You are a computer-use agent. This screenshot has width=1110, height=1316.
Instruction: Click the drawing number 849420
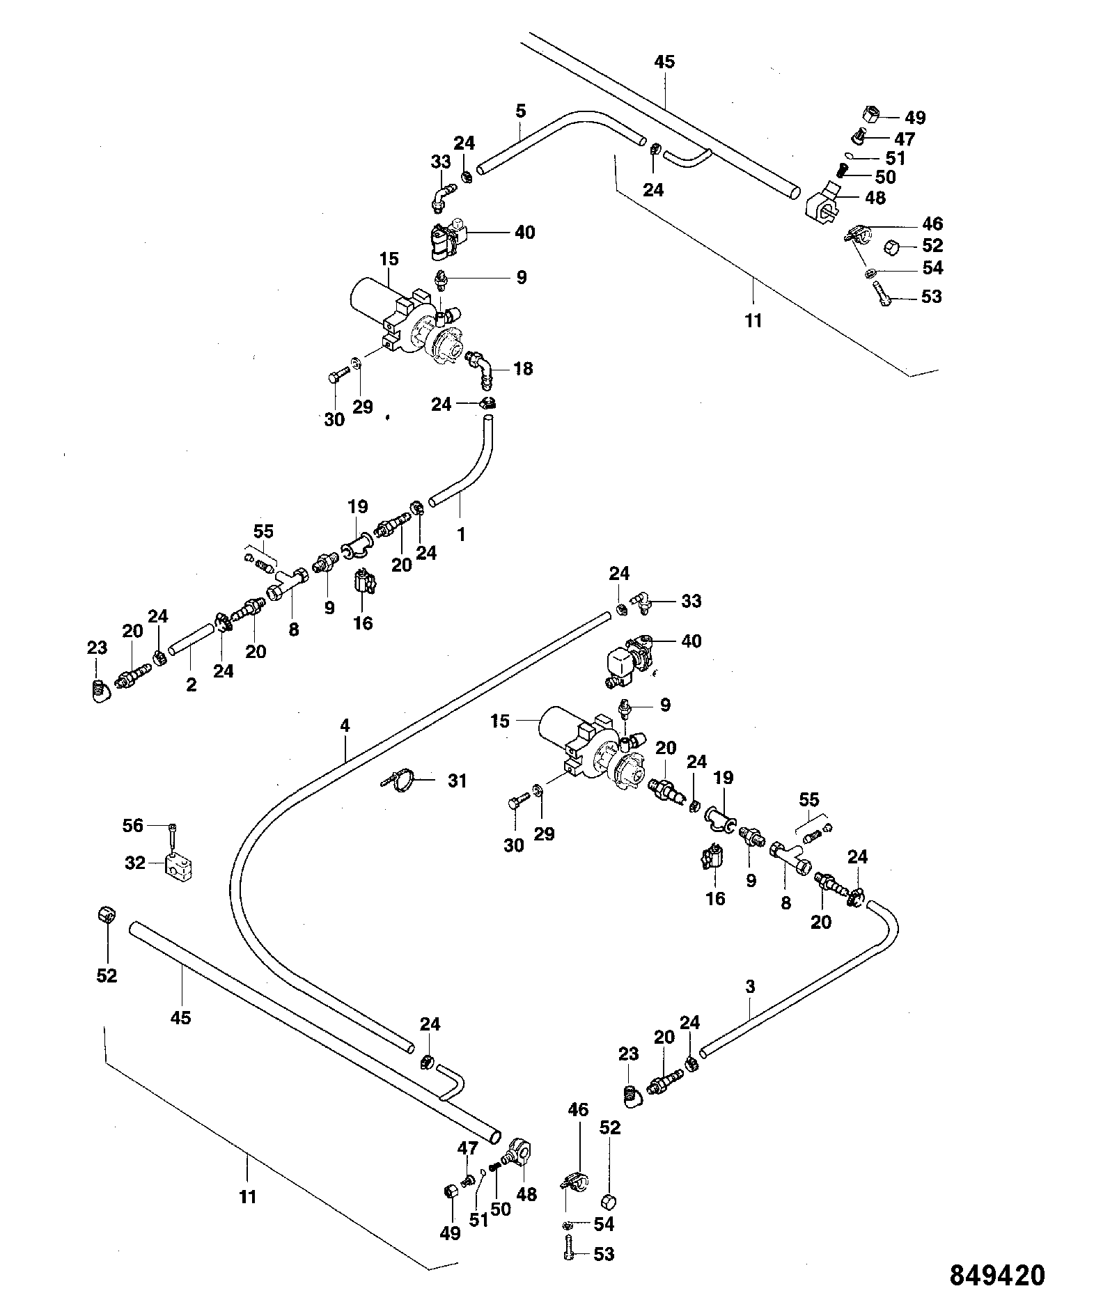coord(997,1276)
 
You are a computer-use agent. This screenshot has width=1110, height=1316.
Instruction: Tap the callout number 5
coord(521,111)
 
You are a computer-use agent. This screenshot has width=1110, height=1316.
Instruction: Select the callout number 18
coord(523,368)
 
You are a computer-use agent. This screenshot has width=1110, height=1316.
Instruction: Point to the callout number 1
coord(461,534)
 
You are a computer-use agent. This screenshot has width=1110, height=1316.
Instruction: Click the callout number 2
coord(191,684)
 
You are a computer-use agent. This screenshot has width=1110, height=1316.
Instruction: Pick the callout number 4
coord(345,726)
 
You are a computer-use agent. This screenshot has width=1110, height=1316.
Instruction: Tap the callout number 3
coord(750,987)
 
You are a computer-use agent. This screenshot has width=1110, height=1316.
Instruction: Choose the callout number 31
coord(457,781)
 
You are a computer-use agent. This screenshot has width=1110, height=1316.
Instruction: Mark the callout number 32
coord(135,863)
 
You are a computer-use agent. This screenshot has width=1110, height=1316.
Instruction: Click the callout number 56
coord(132,826)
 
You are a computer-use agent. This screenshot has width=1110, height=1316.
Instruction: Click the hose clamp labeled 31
coord(401,781)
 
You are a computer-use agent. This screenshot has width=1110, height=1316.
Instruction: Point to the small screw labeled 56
coord(171,834)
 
